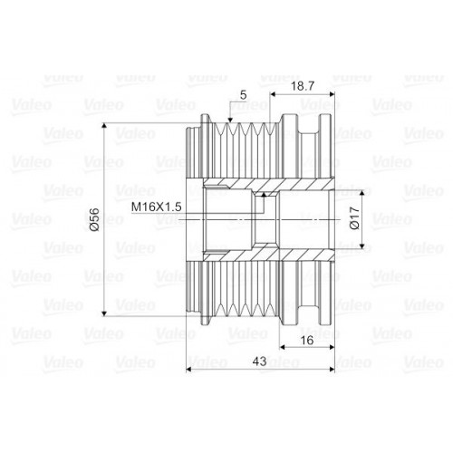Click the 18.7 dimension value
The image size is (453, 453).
click(303, 86)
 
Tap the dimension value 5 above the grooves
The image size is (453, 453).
click(244, 95)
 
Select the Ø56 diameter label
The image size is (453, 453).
click(94, 219)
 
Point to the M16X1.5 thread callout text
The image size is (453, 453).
click(157, 207)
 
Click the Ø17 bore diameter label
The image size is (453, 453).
click(355, 218)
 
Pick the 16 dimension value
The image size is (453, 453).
click(307, 341)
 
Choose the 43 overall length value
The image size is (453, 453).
click(259, 361)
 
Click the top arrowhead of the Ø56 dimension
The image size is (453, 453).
click(104, 126)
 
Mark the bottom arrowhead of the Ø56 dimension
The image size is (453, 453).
click(104, 313)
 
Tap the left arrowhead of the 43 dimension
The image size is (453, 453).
click(189, 369)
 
